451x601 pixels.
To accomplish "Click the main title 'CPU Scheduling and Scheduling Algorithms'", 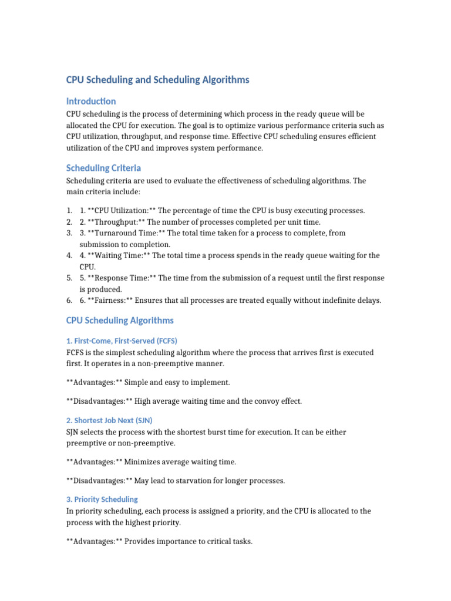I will point(157,80).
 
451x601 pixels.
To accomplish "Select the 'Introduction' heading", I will point(91,101).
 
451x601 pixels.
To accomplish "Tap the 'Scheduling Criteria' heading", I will point(103,168).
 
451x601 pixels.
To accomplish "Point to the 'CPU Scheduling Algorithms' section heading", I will point(120,320).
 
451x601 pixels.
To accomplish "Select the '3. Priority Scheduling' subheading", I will point(102,499).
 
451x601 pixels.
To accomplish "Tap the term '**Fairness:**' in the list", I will point(110,300).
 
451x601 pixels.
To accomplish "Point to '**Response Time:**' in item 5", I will point(122,278).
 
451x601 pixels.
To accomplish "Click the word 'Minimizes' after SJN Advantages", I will point(144,462).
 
